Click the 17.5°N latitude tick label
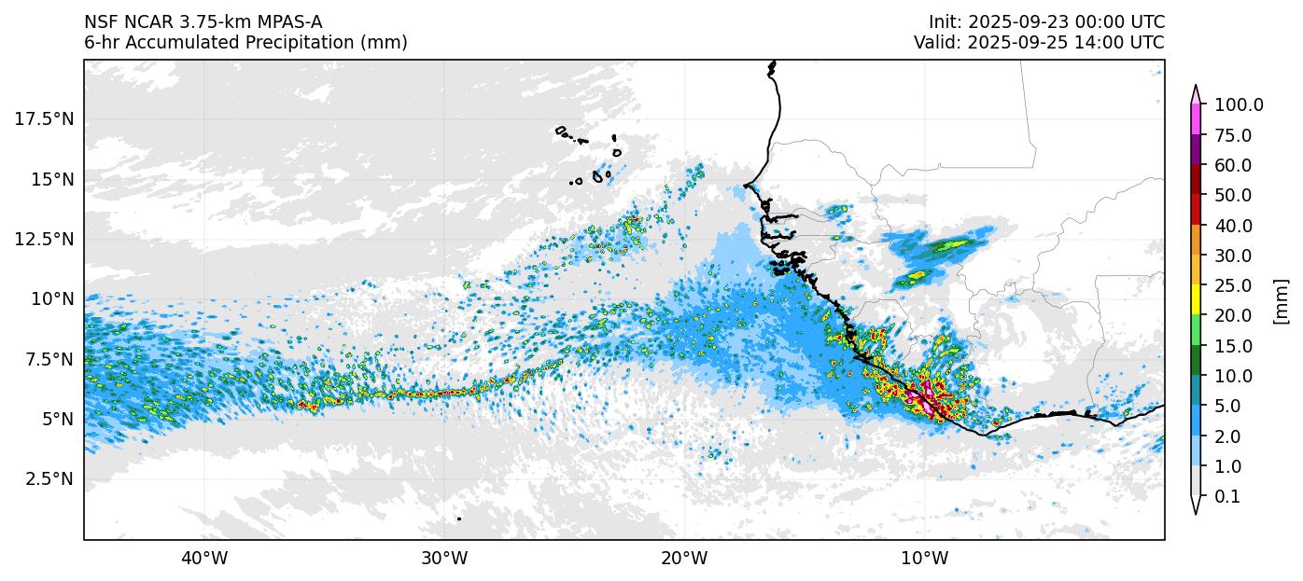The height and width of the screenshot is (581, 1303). pos(44,118)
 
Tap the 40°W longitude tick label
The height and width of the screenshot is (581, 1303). pos(204,559)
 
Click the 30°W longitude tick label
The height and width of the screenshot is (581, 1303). pos(444,559)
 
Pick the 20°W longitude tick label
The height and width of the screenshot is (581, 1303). pos(684,559)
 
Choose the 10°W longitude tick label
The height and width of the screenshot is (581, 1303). pos(924,559)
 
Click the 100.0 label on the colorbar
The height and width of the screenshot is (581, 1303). pos(1239,105)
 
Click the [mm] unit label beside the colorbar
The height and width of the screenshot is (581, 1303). pos(1281,301)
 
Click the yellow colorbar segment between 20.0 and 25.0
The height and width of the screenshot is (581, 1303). pos(1196,300)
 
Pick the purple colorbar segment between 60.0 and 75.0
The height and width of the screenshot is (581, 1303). pos(1196,150)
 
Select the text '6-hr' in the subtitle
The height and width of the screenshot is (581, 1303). pos(101,43)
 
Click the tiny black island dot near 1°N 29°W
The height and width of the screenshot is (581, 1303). pos(459,519)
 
